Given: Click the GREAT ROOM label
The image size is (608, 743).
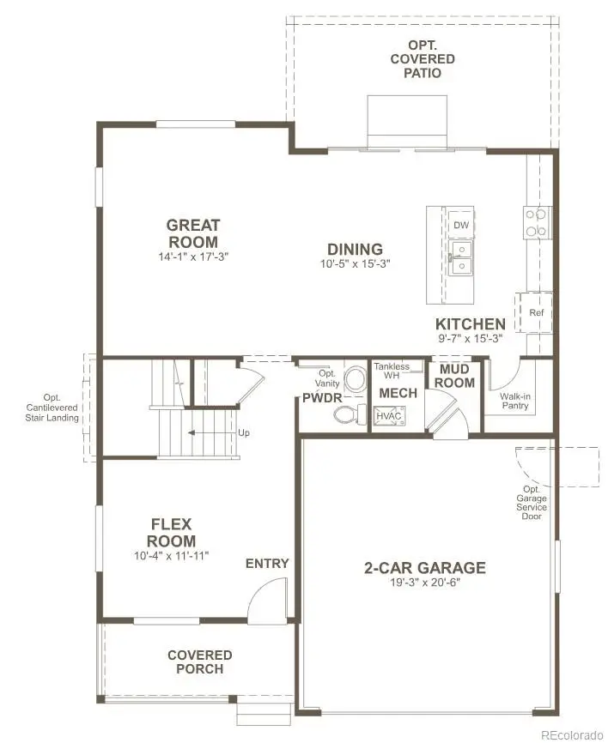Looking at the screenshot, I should [192, 233].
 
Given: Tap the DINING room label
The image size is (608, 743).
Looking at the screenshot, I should [354, 249].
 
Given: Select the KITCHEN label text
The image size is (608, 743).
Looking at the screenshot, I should [470, 323].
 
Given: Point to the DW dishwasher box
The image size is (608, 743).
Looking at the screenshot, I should [461, 225].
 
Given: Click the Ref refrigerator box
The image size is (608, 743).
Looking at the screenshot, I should [536, 312].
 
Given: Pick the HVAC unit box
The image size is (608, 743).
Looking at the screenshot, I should [388, 416].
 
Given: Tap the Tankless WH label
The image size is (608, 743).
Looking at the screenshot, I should [392, 371].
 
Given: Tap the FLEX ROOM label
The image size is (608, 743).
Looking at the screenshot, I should [172, 532].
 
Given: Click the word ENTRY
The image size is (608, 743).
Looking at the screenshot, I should [267, 563].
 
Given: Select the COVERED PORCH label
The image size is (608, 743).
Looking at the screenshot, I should [200, 661].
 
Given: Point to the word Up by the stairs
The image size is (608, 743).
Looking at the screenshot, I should [244, 432].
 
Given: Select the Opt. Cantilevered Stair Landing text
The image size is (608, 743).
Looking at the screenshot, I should [53, 408].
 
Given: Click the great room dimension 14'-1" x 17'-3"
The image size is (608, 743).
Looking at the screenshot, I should [192, 256].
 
